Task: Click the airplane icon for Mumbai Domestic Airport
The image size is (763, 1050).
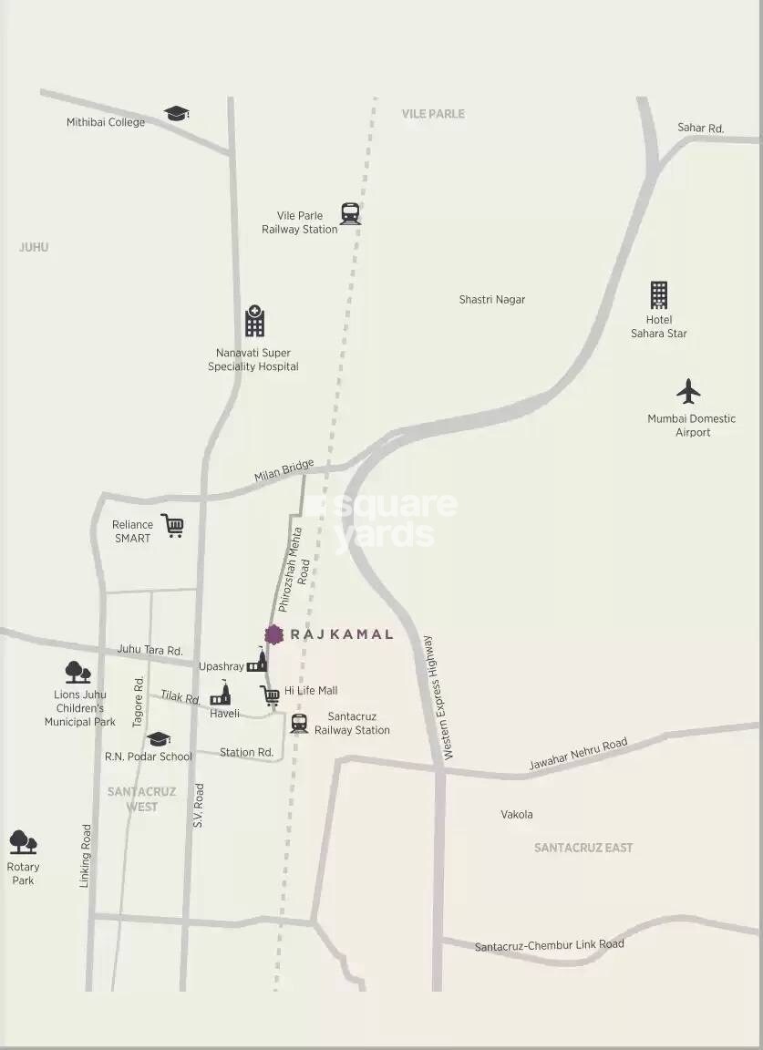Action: (688, 392)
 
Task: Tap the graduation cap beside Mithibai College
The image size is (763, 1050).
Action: (176, 114)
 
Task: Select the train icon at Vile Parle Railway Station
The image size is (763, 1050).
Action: (350, 213)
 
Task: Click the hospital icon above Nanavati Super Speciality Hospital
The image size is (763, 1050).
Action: (254, 322)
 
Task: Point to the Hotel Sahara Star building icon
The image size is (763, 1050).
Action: (659, 295)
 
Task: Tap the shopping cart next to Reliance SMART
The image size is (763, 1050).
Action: (172, 526)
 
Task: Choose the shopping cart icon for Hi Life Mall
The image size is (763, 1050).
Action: (270, 696)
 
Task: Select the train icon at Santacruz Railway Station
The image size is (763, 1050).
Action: (299, 724)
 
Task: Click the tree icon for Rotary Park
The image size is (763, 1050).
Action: (23, 842)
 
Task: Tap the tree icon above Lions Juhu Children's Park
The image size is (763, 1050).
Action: (77, 673)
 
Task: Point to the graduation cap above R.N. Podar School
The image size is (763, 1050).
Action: (159, 738)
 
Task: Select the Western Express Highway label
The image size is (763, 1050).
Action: (438, 698)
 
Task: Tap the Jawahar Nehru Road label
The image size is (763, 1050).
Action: (578, 755)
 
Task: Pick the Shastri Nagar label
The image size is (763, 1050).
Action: (491, 300)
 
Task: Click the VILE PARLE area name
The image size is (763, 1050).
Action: (433, 114)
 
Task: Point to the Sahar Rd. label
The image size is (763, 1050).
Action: (700, 129)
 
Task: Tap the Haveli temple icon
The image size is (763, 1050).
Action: (221, 695)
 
